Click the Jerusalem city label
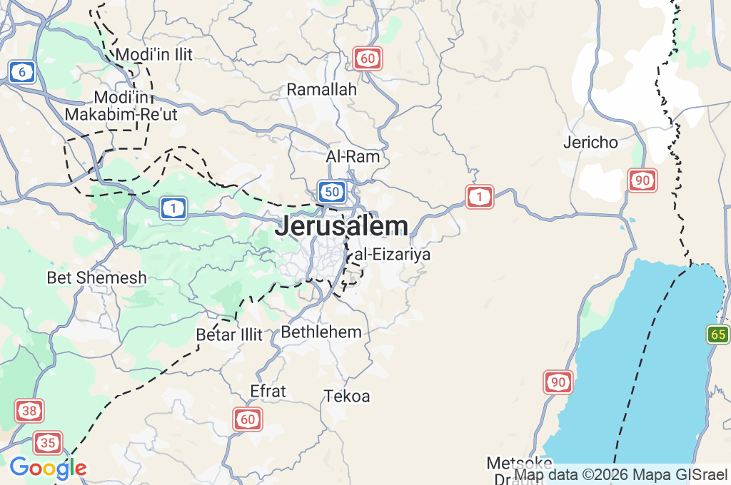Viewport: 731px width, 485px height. [x=341, y=226]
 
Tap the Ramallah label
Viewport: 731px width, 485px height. [x=321, y=90]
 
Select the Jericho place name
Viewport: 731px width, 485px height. [x=590, y=142]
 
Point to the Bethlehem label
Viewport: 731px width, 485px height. [x=321, y=332]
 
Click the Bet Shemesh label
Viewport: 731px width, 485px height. [x=97, y=277]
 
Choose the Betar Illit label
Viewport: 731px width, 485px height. [x=229, y=335]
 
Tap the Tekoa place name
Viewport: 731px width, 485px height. [x=347, y=396]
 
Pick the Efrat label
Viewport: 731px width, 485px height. [x=268, y=391]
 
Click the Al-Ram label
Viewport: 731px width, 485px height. [x=353, y=156]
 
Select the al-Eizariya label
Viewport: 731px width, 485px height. [x=393, y=254]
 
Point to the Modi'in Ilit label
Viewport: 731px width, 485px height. [x=154, y=54]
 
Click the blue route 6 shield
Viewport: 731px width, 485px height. [x=23, y=71]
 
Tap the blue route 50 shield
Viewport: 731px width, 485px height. [x=332, y=191]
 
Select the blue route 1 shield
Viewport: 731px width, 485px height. [x=173, y=208]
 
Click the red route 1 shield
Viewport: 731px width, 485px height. [x=480, y=196]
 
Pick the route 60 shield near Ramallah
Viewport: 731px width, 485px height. [x=368, y=58]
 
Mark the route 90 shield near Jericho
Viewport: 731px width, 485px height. [x=642, y=180]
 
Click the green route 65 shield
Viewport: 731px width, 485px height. [x=719, y=334]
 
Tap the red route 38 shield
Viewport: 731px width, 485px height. [x=29, y=411]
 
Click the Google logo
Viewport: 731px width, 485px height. [x=49, y=468]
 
